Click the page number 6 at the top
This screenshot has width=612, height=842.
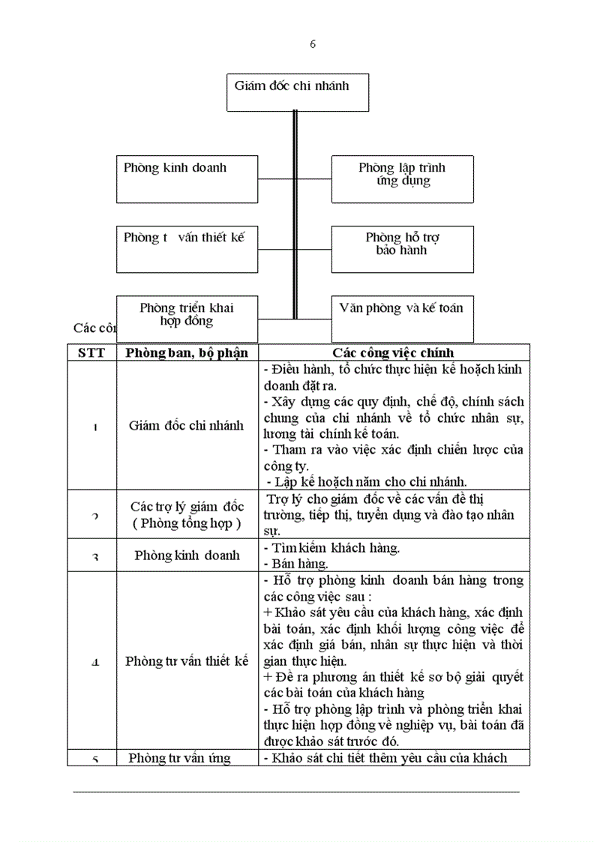tap(312, 44)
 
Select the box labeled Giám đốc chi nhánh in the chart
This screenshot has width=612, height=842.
tap(297, 91)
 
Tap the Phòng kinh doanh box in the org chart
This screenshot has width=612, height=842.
tap(187, 178)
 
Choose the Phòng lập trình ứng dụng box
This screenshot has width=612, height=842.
tap(403, 178)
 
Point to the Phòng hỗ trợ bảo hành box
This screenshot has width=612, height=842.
tap(403, 248)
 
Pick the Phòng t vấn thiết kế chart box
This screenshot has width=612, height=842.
tap(187, 248)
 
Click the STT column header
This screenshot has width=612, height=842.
tap(91, 352)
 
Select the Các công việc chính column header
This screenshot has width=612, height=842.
tap(394, 352)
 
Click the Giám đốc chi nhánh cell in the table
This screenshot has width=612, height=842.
tap(187, 425)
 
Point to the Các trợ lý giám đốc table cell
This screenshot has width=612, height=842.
tap(187, 514)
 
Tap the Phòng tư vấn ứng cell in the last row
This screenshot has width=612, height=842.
tap(180, 757)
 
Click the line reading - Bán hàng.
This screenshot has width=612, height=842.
tap(296, 563)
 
